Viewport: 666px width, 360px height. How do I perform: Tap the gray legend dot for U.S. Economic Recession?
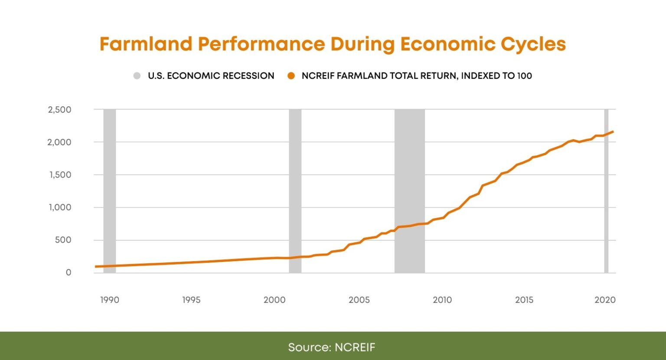[x=137, y=76]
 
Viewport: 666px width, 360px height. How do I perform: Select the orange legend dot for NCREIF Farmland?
[x=291, y=76]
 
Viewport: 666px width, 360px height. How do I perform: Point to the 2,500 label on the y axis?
[x=60, y=110]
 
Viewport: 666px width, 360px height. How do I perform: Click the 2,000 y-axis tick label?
[x=60, y=142]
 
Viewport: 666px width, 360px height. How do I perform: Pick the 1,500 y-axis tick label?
[x=60, y=175]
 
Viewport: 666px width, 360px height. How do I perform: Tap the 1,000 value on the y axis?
[x=60, y=207]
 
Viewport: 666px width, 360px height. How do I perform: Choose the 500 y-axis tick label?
[x=63, y=240]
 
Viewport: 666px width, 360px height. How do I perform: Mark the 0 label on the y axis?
[x=69, y=273]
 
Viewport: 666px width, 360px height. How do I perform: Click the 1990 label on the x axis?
[x=110, y=300]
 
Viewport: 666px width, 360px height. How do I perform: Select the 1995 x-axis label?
[x=191, y=300]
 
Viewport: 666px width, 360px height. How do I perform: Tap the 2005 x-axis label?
[x=359, y=300]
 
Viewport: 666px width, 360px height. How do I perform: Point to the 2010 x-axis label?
[x=442, y=300]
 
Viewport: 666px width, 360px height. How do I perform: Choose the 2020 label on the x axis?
[x=605, y=300]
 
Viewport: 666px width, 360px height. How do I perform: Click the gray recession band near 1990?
[x=110, y=191]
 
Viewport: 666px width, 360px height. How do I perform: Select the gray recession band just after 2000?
[x=295, y=191]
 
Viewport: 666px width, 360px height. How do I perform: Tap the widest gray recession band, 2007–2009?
[x=409, y=173]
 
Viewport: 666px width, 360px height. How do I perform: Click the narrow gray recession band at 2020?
[x=607, y=195]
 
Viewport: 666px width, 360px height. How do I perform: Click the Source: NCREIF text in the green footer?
[x=332, y=347]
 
